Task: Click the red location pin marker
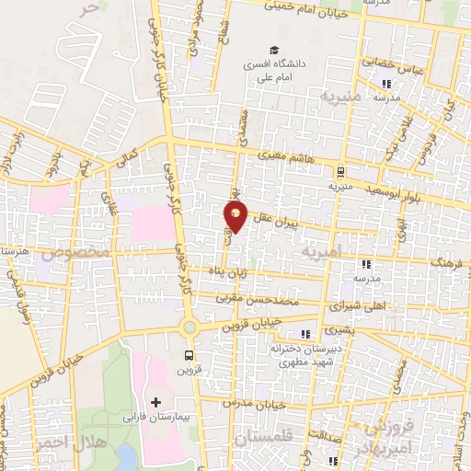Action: (x=235, y=217)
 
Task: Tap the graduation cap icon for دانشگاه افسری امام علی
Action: (x=273, y=50)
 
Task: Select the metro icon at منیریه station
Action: (x=340, y=171)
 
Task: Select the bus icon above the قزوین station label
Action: (x=190, y=355)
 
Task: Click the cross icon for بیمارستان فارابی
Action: (x=156, y=402)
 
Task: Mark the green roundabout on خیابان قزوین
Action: (x=190, y=327)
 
